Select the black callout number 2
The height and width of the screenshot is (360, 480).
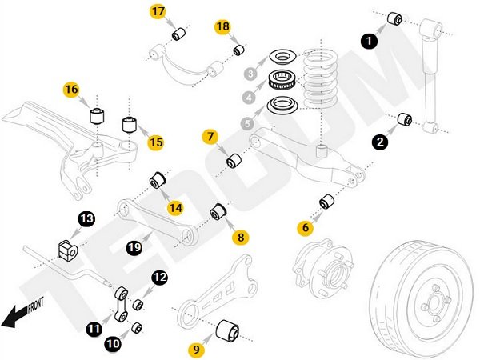point(380,142)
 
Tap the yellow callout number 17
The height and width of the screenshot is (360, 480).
point(158,12)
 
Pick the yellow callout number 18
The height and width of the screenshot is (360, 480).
point(222,27)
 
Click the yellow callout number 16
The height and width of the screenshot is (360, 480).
point(73,89)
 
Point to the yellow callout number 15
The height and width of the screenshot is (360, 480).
point(155,142)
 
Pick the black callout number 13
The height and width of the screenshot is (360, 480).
point(86,218)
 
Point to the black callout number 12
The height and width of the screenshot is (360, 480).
point(160,277)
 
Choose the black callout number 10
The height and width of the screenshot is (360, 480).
point(113,344)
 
